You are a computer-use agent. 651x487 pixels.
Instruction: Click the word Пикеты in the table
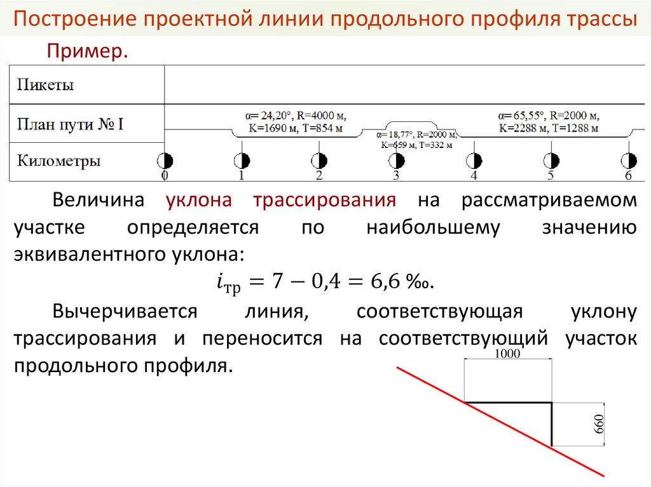[x=45, y=84]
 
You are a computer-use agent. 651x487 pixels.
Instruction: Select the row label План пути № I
[x=70, y=123]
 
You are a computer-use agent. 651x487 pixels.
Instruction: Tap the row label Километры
[x=58, y=161]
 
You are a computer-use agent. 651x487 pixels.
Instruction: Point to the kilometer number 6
[x=628, y=176]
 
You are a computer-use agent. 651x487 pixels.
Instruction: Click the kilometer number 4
[x=474, y=176]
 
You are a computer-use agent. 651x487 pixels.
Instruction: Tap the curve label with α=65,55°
[x=549, y=116]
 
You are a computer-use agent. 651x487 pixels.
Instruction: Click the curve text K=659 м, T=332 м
[x=416, y=145]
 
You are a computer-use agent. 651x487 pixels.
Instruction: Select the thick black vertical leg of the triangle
[x=551, y=424]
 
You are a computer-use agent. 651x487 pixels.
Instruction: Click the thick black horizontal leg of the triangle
[x=508, y=403]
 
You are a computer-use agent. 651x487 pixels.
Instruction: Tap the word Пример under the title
[x=86, y=52]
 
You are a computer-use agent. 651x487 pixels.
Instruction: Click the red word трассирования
[x=325, y=201]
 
